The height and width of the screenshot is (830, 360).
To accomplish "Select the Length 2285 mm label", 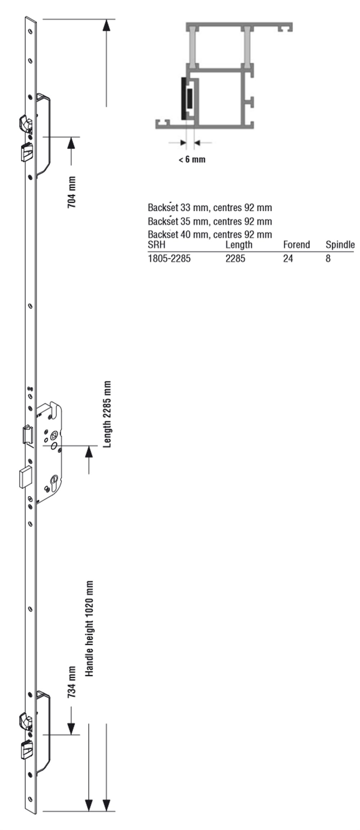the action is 107,414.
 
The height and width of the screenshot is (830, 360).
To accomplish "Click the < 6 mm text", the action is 192,159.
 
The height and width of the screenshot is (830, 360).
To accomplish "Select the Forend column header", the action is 296,245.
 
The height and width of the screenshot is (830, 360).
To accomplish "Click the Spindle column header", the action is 340,245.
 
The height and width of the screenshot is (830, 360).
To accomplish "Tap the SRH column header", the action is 157,245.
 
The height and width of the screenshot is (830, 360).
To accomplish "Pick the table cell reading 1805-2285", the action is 169,258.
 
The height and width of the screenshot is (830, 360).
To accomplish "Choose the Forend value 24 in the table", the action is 288,258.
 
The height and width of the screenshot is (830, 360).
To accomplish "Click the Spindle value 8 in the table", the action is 328,258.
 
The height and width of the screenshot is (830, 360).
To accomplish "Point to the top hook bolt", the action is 25,122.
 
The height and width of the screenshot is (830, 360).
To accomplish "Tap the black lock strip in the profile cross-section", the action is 184,99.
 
